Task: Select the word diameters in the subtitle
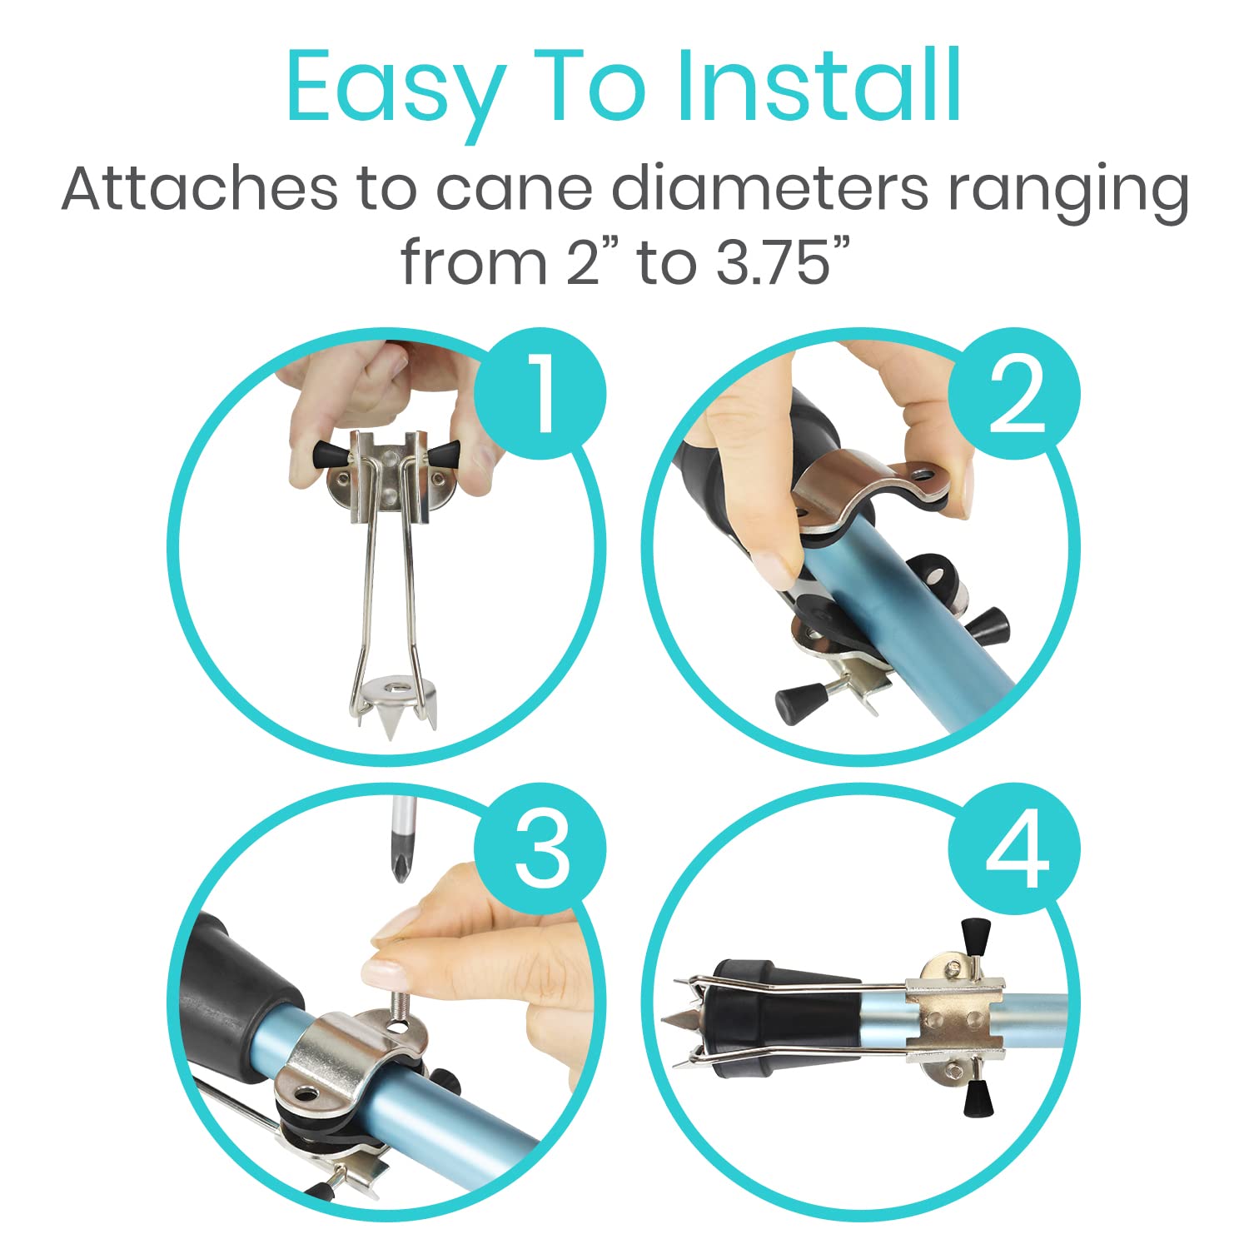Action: (x=769, y=189)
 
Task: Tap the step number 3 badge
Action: (x=540, y=849)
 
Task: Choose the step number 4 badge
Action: (x=1014, y=849)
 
